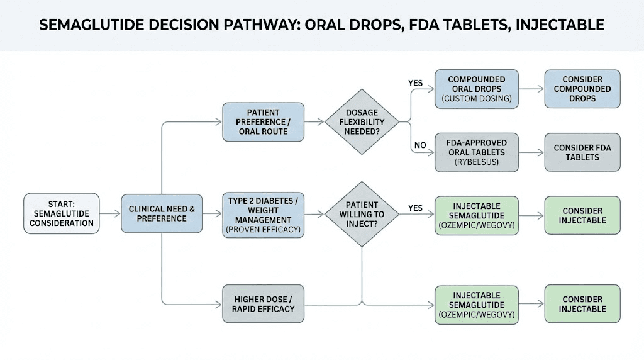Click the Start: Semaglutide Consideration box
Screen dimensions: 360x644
[62, 213]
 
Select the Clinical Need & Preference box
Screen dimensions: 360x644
[162, 213]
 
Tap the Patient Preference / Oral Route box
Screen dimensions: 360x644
[263, 121]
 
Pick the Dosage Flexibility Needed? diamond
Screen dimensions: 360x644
[362, 121]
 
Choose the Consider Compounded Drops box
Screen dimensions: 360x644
[582, 89]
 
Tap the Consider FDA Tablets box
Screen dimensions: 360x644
[582, 152]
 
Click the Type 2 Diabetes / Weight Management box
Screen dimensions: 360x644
[263, 215]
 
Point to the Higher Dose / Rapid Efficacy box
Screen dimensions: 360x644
[263, 303]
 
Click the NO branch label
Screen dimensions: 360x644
[420, 145]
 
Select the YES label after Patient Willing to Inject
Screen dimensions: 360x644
[415, 207]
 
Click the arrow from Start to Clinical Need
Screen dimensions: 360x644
[110, 214]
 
